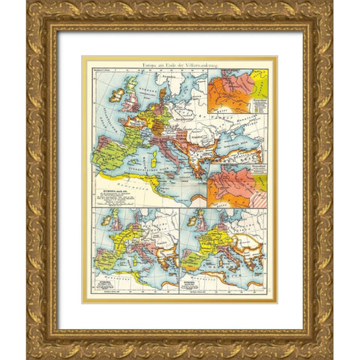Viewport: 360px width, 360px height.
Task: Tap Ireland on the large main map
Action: coord(118,96)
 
